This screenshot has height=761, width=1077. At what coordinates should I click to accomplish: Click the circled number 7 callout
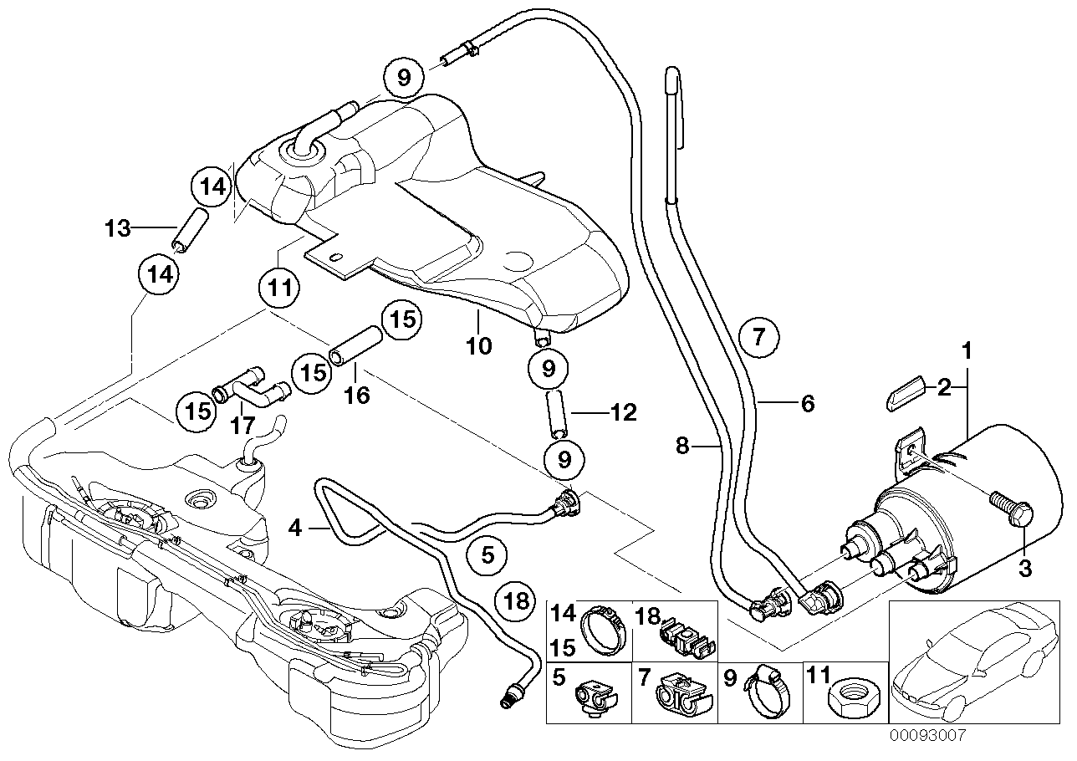pyautogui.click(x=758, y=337)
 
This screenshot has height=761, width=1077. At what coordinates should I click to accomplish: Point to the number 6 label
pyautogui.click(x=807, y=403)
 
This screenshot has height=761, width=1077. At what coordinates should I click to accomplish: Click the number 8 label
pyautogui.click(x=683, y=447)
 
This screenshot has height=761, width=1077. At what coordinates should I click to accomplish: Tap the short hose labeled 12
pyautogui.click(x=558, y=414)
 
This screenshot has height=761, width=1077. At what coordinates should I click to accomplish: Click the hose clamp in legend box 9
pyautogui.click(x=768, y=690)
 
